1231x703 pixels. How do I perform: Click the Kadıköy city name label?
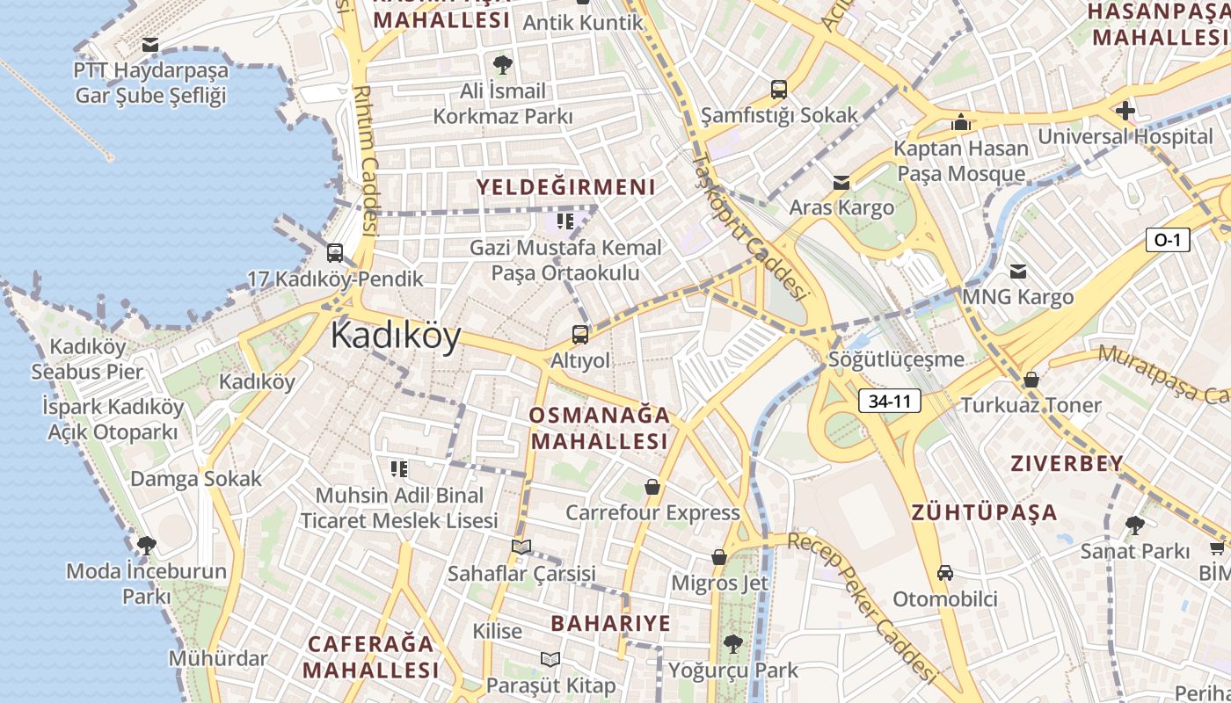point(396,337)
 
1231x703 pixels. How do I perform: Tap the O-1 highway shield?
point(1166,239)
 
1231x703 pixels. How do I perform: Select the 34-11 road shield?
point(889,402)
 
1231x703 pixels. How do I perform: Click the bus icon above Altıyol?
point(580,334)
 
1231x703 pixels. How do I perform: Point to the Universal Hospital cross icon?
point(1125,111)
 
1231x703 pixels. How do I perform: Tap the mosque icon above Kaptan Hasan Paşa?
point(961,122)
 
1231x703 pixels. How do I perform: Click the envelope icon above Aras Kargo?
point(841,182)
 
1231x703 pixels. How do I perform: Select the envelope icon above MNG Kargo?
point(1018,272)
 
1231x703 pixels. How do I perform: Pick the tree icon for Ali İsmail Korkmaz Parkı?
point(503,64)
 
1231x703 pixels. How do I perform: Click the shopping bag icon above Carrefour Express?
point(652,486)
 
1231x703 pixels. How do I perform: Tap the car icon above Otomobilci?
point(945,573)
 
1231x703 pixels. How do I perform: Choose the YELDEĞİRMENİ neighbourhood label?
point(566,186)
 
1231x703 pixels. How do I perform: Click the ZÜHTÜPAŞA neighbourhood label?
point(984,512)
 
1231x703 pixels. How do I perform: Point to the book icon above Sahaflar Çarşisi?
point(521,547)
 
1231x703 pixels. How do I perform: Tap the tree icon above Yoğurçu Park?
point(732,644)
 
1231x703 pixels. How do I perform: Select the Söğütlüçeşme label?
point(896,359)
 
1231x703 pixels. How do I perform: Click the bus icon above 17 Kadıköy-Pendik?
point(335,253)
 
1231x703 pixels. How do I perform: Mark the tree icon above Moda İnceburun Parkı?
point(147,545)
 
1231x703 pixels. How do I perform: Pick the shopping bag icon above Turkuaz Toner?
point(1031,380)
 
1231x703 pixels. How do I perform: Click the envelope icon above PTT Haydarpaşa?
point(150,44)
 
